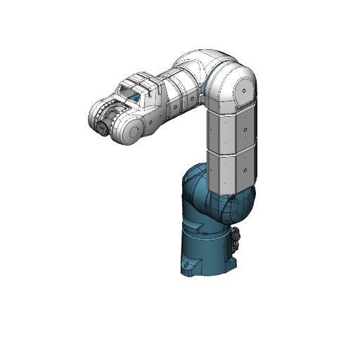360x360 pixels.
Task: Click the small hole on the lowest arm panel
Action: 243,169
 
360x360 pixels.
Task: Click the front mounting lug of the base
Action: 188,266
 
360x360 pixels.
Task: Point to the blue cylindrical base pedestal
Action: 207,253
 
